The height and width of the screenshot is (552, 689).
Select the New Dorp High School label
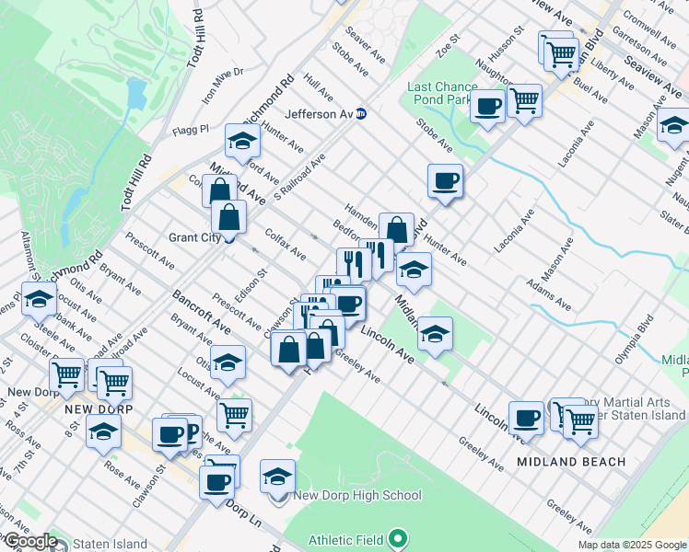[356, 496]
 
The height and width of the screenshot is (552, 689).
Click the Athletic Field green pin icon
[398, 536]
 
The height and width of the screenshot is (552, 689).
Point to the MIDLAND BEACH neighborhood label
[570, 461]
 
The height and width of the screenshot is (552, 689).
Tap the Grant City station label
[194, 236]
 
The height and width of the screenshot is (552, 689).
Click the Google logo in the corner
[29, 541]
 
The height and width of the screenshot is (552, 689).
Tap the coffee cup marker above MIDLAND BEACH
[526, 418]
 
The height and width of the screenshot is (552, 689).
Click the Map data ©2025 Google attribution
[632, 545]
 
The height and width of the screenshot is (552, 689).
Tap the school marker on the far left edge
[39, 299]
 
